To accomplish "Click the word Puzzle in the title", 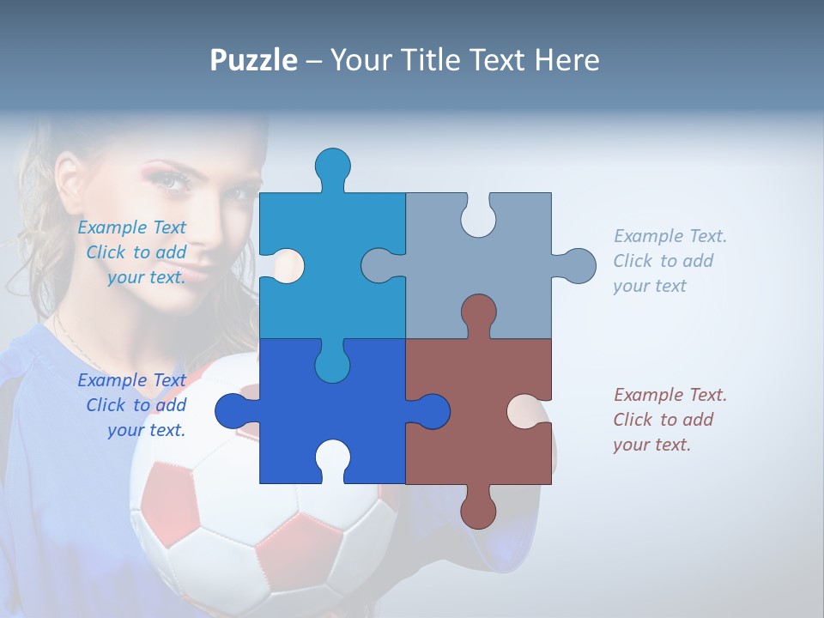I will [x=254, y=60].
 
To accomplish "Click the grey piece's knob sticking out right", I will [x=578, y=265].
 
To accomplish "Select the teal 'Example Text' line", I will [x=131, y=227].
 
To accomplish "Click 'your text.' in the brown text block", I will [x=651, y=445].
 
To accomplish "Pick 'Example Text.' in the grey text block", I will [x=669, y=236].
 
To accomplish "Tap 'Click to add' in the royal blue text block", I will [x=136, y=405].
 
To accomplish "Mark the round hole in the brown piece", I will [x=524, y=411].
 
